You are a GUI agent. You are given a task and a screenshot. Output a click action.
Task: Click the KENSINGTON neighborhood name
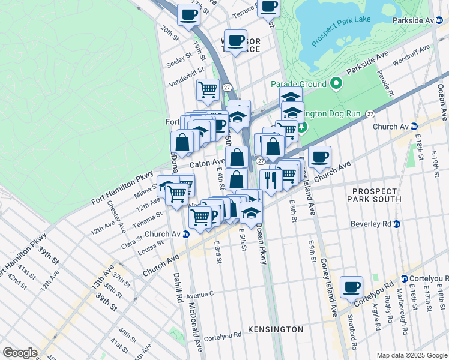tap(275, 330)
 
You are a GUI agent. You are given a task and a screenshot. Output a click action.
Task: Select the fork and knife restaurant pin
tap(271, 179)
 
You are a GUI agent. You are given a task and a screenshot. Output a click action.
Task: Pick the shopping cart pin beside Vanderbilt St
tap(208, 90)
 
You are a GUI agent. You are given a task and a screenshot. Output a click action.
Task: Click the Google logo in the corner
tap(20, 353)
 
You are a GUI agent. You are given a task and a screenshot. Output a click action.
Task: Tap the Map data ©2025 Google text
tap(411, 355)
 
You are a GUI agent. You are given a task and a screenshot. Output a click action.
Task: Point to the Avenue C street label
tap(200, 295)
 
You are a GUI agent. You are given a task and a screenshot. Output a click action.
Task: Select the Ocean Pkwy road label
tap(261, 244)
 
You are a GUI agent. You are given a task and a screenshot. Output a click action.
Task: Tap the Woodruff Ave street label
tap(412, 55)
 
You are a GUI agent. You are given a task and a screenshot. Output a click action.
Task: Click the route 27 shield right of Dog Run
tap(370, 113)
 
